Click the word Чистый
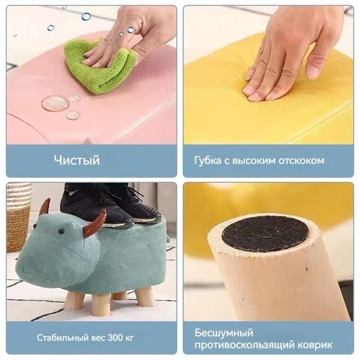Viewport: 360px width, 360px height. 77,160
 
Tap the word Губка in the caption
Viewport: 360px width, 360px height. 207,161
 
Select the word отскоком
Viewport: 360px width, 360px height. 301,161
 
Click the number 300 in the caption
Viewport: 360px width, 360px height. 115,338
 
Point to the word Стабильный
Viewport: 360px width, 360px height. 62,338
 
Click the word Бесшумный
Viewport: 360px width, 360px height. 224,333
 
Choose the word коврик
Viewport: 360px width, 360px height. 315,345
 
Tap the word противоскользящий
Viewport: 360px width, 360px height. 245,345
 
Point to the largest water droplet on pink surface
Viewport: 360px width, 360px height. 55,103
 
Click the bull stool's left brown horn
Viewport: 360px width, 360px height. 45,207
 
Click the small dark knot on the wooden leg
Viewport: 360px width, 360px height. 306,268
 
